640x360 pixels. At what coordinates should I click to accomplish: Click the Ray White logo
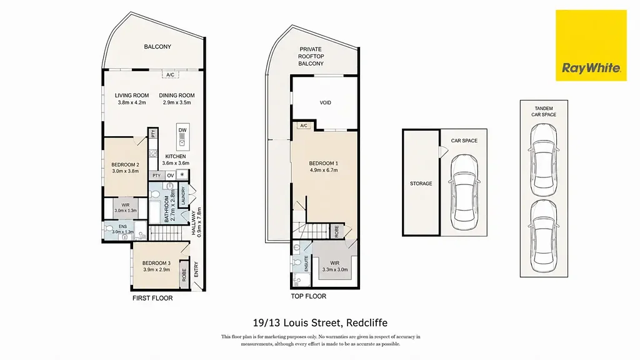tap(591, 45)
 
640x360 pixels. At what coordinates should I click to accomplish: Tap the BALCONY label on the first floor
tap(157, 47)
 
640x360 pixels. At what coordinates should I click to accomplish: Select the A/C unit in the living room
tap(170, 75)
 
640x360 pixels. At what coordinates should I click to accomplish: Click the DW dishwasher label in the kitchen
tap(182, 130)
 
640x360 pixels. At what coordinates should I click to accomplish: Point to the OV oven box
tap(171, 176)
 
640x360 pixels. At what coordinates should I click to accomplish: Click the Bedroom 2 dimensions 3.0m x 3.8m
tap(125, 171)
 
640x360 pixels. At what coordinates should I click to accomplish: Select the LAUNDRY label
tap(183, 196)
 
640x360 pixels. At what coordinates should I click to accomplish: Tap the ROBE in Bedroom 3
tap(184, 275)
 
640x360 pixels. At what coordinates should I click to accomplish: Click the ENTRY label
tap(196, 270)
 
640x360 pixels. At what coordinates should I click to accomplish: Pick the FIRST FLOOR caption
tap(152, 298)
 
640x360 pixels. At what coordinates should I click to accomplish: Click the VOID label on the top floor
tap(325, 103)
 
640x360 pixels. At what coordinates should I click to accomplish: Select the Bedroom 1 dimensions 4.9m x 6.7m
tap(324, 170)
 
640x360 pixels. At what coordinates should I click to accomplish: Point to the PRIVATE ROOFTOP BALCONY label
tap(311, 56)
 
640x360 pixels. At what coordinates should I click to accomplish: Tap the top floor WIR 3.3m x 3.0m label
tap(335, 266)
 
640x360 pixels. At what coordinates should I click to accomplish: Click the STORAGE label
tap(421, 184)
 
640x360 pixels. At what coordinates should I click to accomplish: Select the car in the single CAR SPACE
tap(464, 192)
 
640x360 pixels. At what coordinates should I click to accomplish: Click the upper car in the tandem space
tap(544, 160)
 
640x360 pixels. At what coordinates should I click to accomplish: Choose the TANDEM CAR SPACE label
tap(544, 111)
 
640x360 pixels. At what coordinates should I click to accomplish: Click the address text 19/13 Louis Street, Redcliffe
tap(320, 323)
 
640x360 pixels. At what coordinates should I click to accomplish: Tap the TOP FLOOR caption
tap(309, 296)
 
